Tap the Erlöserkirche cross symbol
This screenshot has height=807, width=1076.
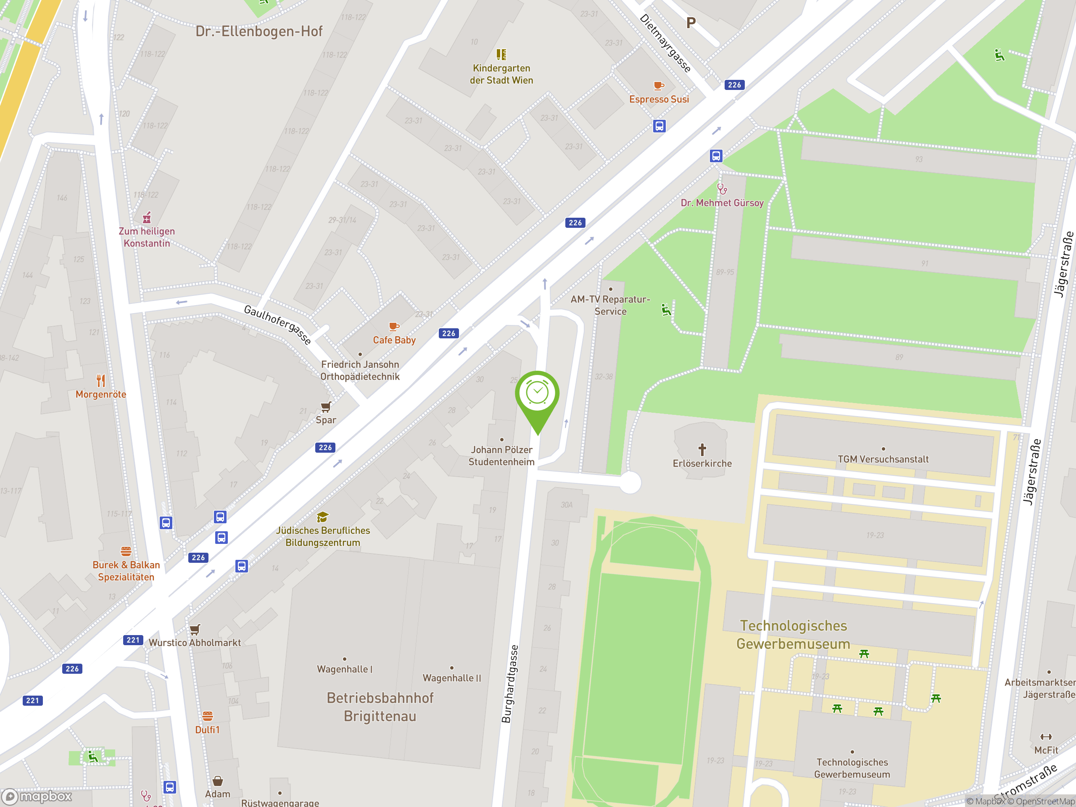pyautogui.click(x=702, y=449)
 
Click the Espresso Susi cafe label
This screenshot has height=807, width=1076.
pyautogui.click(x=659, y=99)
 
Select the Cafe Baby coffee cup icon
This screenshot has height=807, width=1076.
pyautogui.click(x=393, y=327)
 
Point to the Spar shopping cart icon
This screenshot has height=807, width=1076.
pyautogui.click(x=325, y=407)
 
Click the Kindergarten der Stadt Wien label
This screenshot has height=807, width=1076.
pyautogui.click(x=501, y=74)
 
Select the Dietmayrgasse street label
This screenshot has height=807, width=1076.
pyautogui.click(x=665, y=43)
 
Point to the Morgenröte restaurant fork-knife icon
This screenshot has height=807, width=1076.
pyautogui.click(x=101, y=380)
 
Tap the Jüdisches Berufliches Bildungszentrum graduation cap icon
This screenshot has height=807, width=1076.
pyautogui.click(x=322, y=517)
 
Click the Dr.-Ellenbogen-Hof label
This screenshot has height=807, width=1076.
pyautogui.click(x=259, y=32)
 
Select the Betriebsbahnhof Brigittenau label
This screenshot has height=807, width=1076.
pyautogui.click(x=380, y=707)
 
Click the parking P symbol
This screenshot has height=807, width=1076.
pyautogui.click(x=691, y=23)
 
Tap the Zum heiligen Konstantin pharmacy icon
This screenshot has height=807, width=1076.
pyautogui.click(x=146, y=217)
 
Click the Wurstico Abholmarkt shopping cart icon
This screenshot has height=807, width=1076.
pyautogui.click(x=195, y=630)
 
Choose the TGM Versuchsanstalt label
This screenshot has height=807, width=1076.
pyautogui.click(x=883, y=459)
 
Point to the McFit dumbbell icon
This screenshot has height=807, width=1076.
pyautogui.click(x=1046, y=736)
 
